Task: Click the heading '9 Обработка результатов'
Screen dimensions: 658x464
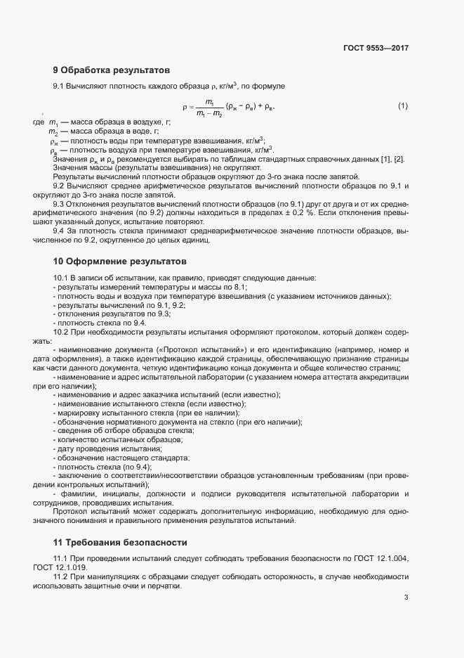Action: pyautogui.click(x=111, y=70)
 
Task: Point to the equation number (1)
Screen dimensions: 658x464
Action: pyautogui.click(x=403, y=106)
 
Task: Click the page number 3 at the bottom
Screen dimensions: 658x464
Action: pyautogui.click(x=406, y=598)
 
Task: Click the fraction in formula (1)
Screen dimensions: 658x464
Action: pyautogui.click(x=209, y=107)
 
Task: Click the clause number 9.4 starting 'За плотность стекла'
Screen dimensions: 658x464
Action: pyautogui.click(x=60, y=231)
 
